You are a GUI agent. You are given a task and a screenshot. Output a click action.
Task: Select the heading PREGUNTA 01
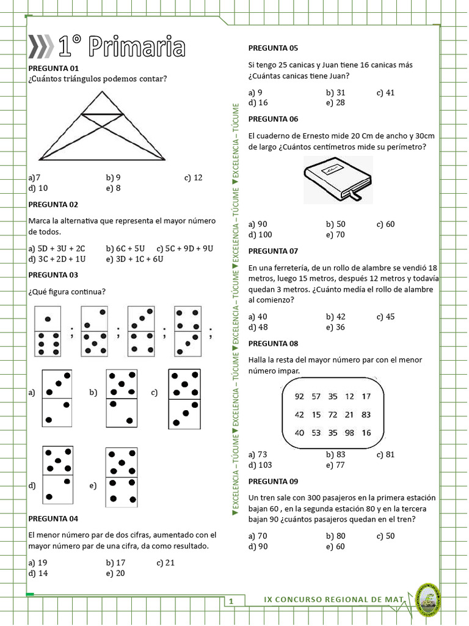coord(53,68)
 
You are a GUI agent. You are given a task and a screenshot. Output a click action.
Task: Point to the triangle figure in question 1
coord(102,126)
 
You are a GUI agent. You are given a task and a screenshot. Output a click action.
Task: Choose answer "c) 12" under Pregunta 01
coord(193,178)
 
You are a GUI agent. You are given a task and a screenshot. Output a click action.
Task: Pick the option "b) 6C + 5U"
coord(125,248)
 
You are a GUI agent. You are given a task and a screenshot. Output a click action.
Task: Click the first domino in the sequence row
coord(48,331)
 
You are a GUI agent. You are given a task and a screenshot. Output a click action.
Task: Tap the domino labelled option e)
coord(121,477)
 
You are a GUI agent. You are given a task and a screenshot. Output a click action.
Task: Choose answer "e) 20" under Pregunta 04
coord(115,573)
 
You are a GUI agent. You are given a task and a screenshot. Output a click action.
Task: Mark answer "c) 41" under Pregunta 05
coord(385,92)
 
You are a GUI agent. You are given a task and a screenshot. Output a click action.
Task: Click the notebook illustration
coord(338,179)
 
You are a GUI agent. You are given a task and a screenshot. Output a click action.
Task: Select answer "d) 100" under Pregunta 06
coord(261,234)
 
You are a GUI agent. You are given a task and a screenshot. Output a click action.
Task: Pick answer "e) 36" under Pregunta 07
coord(335,327)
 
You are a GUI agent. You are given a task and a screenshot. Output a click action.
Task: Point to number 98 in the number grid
coord(349,433)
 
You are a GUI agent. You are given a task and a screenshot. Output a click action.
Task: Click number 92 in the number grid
coord(299,396)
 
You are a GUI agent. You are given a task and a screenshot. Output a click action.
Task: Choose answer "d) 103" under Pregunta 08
coord(261,465)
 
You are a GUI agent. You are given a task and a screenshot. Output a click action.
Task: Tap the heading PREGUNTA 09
coord(273,481)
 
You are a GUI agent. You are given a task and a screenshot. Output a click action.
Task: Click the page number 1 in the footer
coord(231,602)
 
